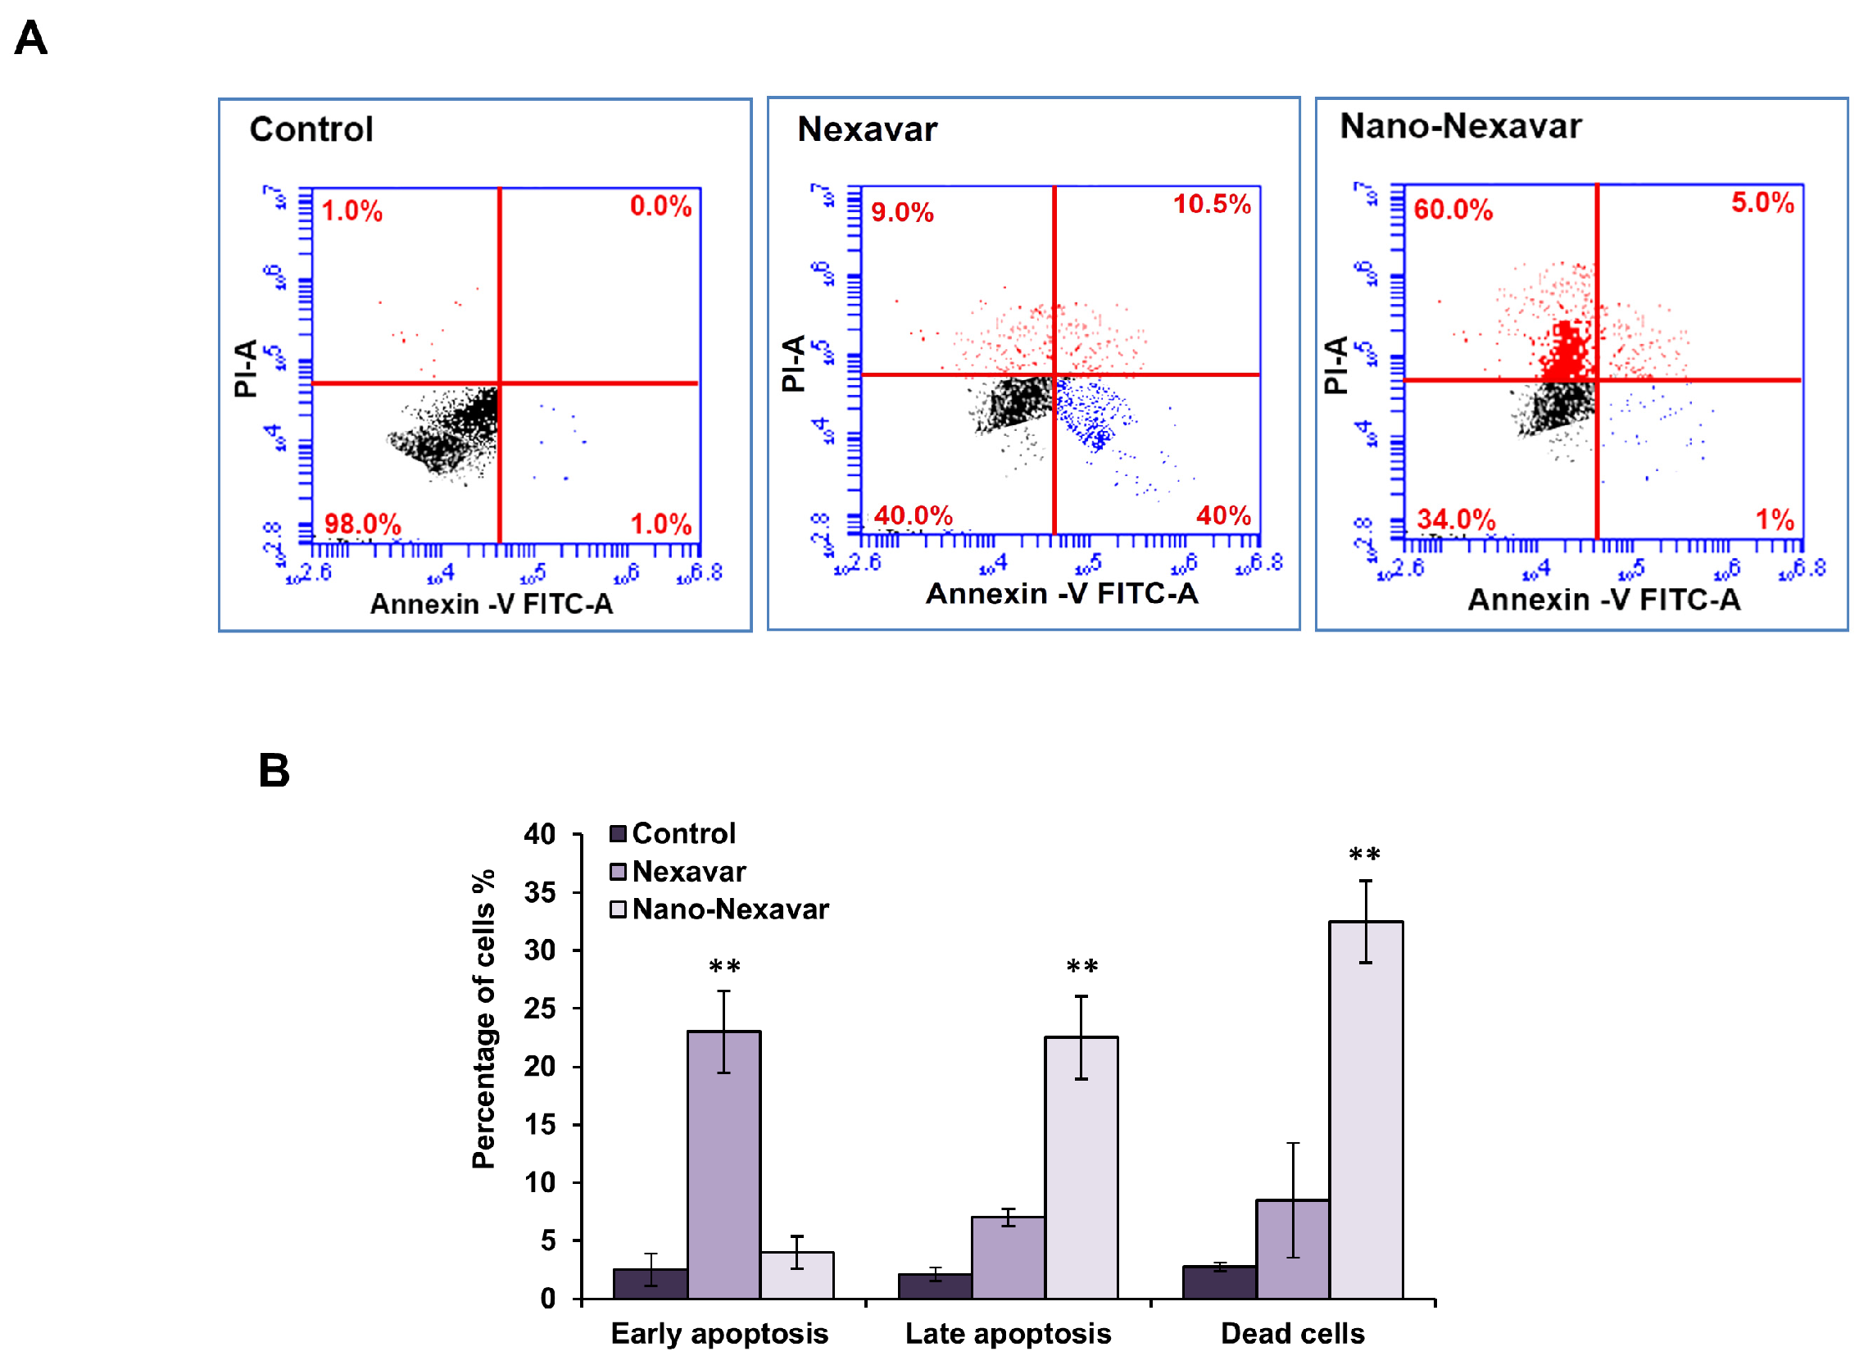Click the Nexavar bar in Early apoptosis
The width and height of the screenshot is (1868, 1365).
(x=723, y=1165)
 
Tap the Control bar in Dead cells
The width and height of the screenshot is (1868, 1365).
(x=1219, y=1281)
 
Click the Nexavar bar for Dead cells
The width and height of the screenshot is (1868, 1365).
(x=1292, y=1249)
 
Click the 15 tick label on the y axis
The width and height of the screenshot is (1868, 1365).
(x=539, y=1125)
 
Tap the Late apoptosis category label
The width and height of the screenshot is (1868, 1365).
(x=1008, y=1334)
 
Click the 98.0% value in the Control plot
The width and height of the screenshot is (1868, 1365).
(x=362, y=524)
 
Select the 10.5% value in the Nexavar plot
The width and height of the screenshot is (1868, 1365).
(x=1211, y=204)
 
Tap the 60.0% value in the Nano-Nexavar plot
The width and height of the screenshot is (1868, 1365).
(x=1453, y=210)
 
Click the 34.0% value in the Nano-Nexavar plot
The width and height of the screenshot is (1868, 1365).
(x=1456, y=519)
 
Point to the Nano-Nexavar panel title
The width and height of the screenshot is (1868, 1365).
(x=1460, y=126)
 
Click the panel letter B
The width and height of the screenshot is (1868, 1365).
(x=274, y=770)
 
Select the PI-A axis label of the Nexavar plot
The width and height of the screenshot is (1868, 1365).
(x=793, y=364)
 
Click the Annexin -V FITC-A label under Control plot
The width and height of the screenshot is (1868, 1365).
(x=491, y=604)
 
